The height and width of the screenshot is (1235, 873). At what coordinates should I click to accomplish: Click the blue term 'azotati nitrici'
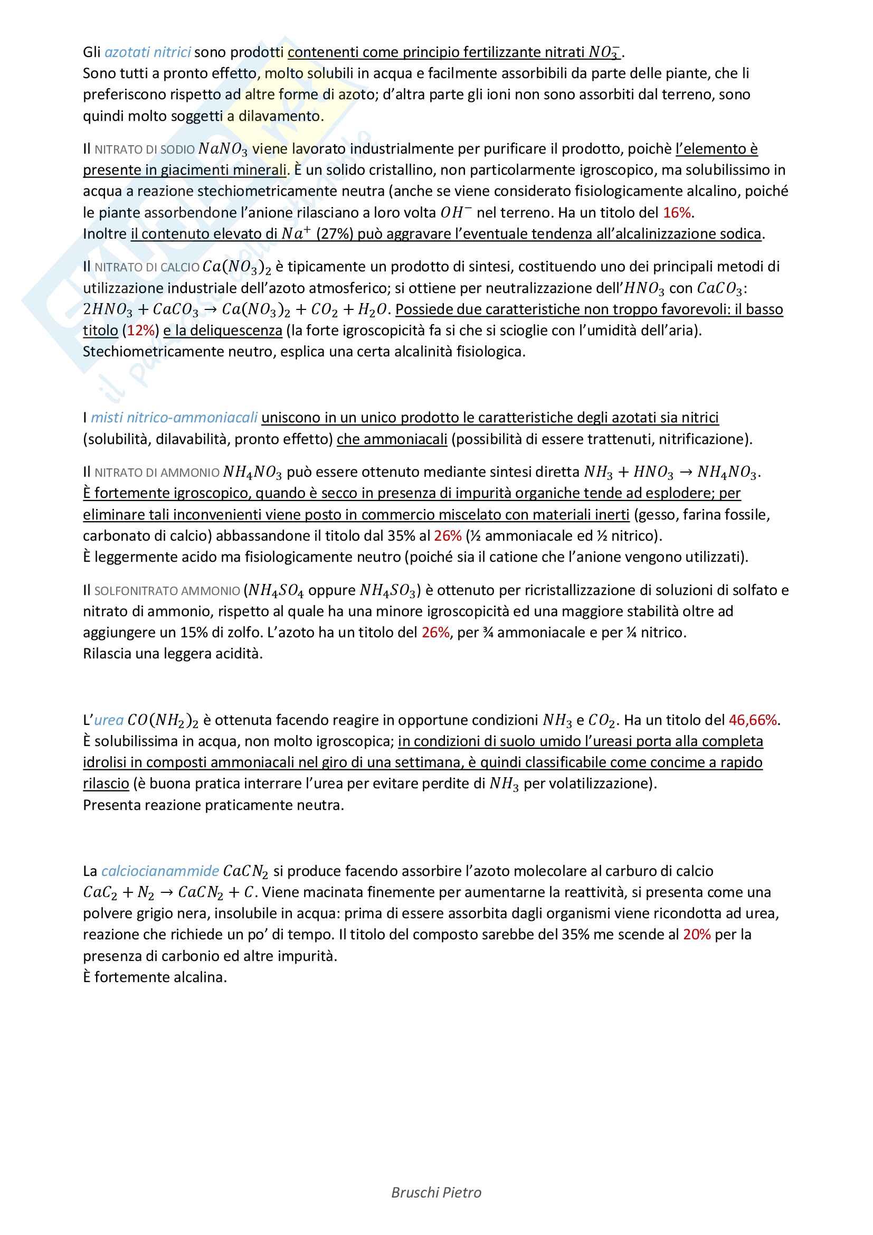click(x=147, y=52)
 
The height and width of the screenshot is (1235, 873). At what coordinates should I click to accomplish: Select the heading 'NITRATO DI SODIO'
click(x=145, y=149)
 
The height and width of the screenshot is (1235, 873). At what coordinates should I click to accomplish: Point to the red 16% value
click(x=677, y=213)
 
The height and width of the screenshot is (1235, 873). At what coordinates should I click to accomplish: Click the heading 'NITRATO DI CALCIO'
click(x=147, y=267)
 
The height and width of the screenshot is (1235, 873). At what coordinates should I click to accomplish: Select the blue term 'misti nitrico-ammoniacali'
click(x=174, y=418)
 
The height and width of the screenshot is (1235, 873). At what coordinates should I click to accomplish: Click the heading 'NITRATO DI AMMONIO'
click(x=157, y=473)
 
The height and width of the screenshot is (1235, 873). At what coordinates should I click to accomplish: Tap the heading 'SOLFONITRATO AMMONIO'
click(x=167, y=591)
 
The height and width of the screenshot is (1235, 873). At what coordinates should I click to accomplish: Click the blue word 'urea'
click(x=109, y=720)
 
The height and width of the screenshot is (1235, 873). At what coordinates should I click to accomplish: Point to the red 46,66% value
click(x=753, y=720)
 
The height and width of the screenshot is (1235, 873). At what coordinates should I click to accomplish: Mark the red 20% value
click(x=697, y=935)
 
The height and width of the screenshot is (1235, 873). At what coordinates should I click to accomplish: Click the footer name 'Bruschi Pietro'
click(x=436, y=1193)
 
